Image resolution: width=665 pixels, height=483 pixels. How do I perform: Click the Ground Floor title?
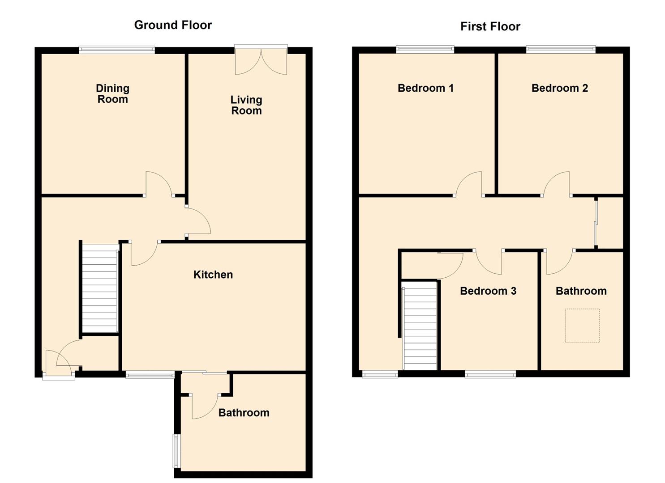pyautogui.click(x=173, y=25)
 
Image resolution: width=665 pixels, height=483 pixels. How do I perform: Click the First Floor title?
pyautogui.click(x=490, y=26)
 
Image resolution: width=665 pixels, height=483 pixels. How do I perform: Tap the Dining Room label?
pyautogui.click(x=113, y=94)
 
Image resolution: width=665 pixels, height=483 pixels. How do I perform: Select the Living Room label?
pyautogui.click(x=246, y=105)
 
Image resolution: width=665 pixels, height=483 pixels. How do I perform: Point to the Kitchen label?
pyautogui.click(x=213, y=275)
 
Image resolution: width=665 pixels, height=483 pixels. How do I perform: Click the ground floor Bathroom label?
pyautogui.click(x=244, y=412)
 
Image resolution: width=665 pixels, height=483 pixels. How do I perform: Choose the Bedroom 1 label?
pyautogui.click(x=425, y=88)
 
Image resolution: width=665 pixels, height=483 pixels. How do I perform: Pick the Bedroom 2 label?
pyautogui.click(x=559, y=88)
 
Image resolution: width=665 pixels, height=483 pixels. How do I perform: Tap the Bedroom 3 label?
pyautogui.click(x=488, y=291)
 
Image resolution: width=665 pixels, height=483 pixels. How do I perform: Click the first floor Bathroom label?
pyautogui.click(x=581, y=291)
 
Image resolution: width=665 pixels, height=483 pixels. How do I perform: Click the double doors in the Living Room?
pyautogui.click(x=261, y=60)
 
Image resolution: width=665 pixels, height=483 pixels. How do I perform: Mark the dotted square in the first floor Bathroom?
pyautogui.click(x=582, y=326)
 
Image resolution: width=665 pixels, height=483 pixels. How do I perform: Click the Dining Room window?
pyautogui.click(x=117, y=50)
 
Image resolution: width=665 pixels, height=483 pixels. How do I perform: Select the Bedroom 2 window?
pyautogui.click(x=560, y=50)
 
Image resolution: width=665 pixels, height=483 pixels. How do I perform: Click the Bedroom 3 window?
pyautogui.click(x=490, y=374)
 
